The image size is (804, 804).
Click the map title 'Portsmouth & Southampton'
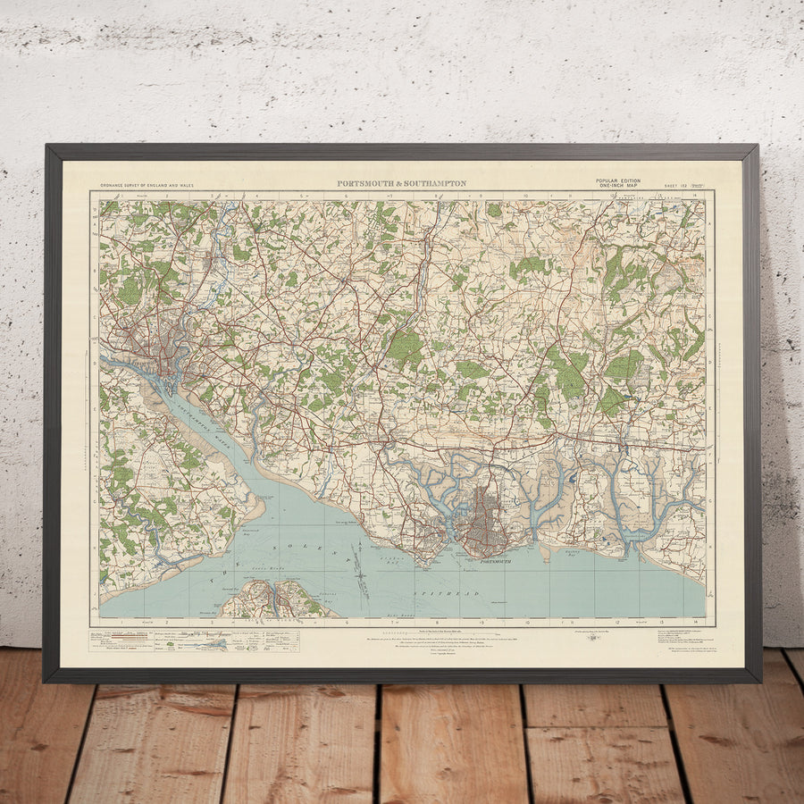click(x=401, y=183)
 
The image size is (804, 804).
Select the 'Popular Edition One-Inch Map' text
click(x=617, y=182)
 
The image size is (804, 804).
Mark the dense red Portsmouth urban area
click(x=487, y=523)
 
